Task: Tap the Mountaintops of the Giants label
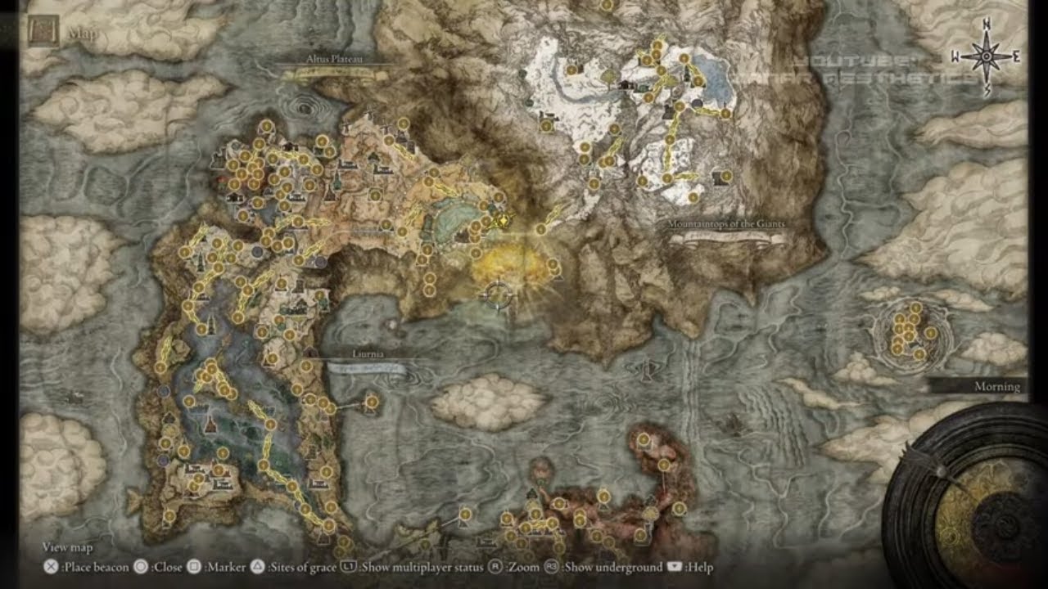click(x=727, y=223)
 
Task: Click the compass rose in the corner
click(x=986, y=56)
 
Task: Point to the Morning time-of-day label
click(x=996, y=386)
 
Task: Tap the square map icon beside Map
click(x=42, y=32)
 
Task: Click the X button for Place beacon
click(x=51, y=567)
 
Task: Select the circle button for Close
click(x=140, y=567)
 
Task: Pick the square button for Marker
click(x=195, y=567)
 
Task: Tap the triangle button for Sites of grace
click(x=257, y=567)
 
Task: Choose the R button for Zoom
click(x=495, y=567)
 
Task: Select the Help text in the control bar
click(x=700, y=567)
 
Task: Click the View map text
click(x=67, y=547)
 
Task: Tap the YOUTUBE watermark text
click(x=843, y=61)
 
